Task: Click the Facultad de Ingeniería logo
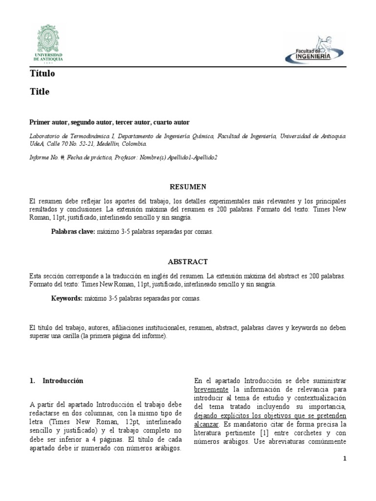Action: (314, 50)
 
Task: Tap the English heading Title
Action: (39, 91)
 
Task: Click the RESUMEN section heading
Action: (188, 187)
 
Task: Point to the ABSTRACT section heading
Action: (188, 262)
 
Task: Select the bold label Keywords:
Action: (67, 298)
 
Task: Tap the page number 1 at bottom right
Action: (345, 458)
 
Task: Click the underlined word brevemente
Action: (211, 389)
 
